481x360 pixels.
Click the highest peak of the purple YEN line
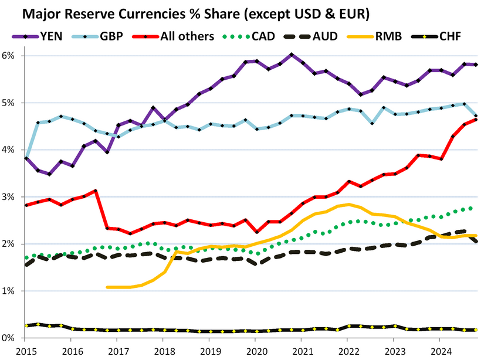[292, 55]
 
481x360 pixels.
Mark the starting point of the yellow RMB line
[107, 287]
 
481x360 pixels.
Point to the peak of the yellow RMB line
[348, 205]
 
